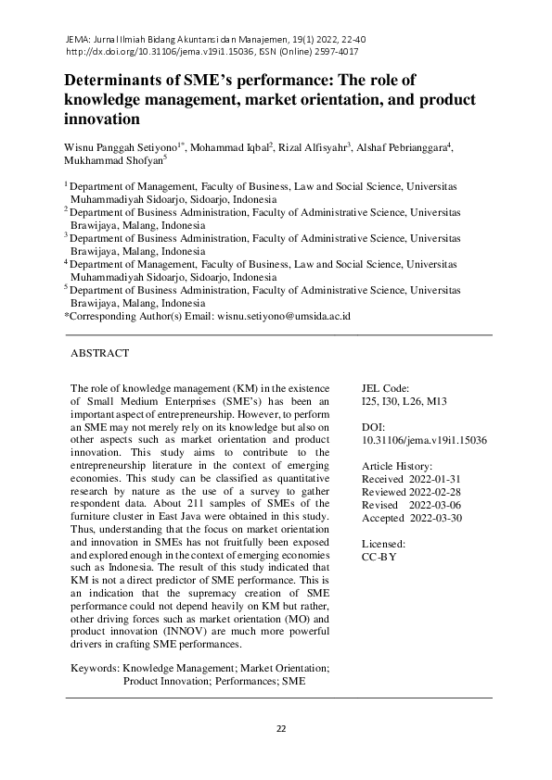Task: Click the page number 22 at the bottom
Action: tap(281, 729)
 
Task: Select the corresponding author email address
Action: tap(284, 316)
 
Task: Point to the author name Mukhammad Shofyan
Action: tap(112, 159)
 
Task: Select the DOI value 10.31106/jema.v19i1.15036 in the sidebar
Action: tap(425, 441)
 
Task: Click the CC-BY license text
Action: tap(379, 558)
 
